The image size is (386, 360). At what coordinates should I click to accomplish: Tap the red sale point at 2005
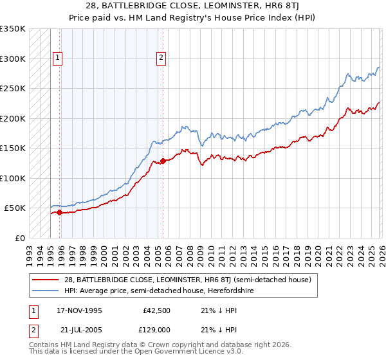163,161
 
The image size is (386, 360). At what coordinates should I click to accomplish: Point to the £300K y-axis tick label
13,59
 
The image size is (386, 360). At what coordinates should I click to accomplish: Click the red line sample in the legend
46,280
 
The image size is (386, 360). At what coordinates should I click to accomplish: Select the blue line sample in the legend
46,291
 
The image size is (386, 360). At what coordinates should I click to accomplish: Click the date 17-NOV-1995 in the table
79,310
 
